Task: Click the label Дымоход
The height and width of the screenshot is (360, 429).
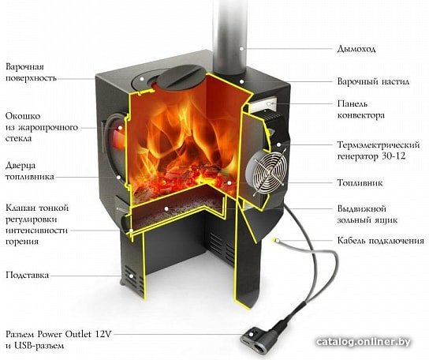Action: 356,49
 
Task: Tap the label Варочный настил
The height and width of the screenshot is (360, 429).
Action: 373,81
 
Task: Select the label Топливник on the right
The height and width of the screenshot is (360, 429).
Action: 360,182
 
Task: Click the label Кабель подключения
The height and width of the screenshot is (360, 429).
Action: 381,241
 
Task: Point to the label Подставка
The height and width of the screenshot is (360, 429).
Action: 28,275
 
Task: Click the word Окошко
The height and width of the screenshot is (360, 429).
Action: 23,116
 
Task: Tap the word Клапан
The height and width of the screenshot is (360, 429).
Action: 20,208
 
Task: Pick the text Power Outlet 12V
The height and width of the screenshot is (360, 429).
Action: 74,334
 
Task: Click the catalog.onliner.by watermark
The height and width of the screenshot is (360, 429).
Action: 364,342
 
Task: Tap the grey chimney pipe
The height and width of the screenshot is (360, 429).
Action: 229,37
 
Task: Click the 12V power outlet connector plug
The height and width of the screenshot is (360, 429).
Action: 259,338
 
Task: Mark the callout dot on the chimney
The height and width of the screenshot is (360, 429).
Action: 241,49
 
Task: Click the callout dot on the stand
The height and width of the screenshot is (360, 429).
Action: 131,276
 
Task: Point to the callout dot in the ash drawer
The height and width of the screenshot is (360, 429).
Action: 166,208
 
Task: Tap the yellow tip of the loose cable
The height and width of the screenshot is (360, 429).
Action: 275,240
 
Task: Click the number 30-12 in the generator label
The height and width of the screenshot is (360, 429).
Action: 393,156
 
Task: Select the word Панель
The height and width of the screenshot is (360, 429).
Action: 353,103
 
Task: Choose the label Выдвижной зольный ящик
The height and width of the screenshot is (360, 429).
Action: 367,214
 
